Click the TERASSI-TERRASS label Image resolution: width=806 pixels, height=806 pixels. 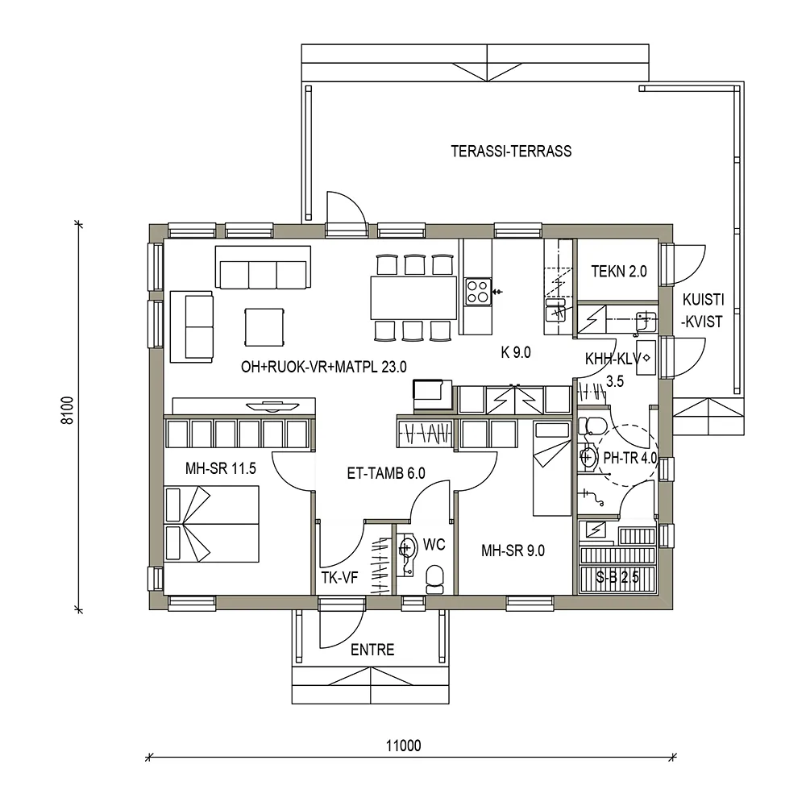pos(511,151)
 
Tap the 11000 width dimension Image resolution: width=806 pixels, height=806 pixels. pos(404,746)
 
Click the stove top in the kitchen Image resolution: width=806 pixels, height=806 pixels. pos(476,290)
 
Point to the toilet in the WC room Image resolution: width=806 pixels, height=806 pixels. pos(434,578)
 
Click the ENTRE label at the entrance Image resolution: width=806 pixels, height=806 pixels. pos(372,650)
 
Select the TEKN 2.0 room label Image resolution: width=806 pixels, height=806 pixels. pos(619,272)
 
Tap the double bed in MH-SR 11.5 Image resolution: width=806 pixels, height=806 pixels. pos(211,525)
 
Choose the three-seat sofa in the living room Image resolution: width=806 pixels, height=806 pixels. pos(263,268)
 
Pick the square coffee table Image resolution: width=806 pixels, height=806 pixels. pos(265,326)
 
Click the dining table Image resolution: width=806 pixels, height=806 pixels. pos(413,297)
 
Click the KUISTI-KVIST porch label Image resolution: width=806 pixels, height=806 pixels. pos(703,310)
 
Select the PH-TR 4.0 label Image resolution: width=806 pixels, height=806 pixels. pos(630,458)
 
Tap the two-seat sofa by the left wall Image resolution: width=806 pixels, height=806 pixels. pos(191,326)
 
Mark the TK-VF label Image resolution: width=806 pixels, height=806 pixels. pos(339,577)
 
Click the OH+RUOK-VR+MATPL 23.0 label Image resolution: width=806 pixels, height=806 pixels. pos(324,367)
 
